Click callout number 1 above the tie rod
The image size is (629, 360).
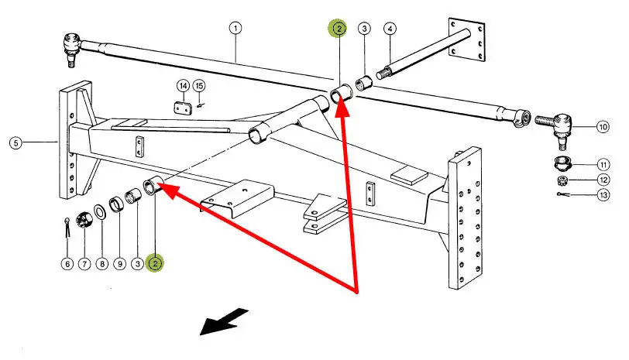[x=235, y=29]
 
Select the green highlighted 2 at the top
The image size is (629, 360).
[x=339, y=29]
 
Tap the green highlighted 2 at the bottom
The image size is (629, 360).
[x=156, y=263]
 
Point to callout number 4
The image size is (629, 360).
[x=390, y=29]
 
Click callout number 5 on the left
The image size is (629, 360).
[x=15, y=142]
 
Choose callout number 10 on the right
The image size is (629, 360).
[x=603, y=126]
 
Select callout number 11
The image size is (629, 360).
[x=603, y=164]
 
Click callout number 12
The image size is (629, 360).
[x=603, y=180]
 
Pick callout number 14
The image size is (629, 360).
[x=183, y=85]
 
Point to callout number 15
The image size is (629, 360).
[x=200, y=85]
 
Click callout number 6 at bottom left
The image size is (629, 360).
[x=67, y=263]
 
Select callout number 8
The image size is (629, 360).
[x=101, y=263]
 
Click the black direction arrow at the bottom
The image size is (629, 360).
[x=225, y=321]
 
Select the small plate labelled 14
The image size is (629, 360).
[x=184, y=110]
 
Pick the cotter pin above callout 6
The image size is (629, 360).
[x=67, y=228]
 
